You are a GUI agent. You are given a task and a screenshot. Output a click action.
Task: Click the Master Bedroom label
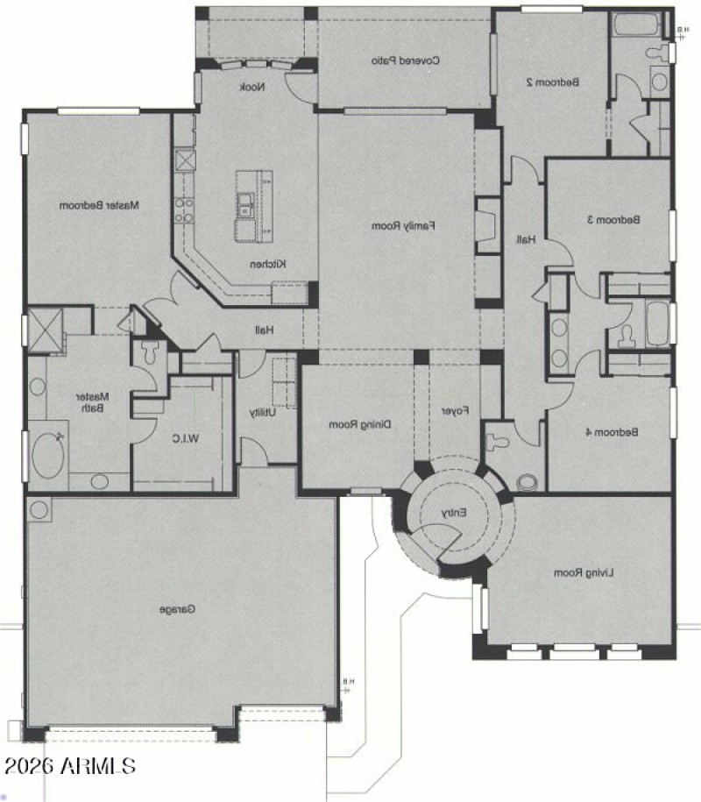100,205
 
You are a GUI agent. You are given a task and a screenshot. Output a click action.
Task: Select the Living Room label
584,572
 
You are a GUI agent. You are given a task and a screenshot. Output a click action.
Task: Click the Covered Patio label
404,60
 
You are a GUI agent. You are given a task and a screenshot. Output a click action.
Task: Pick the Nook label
252,86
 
